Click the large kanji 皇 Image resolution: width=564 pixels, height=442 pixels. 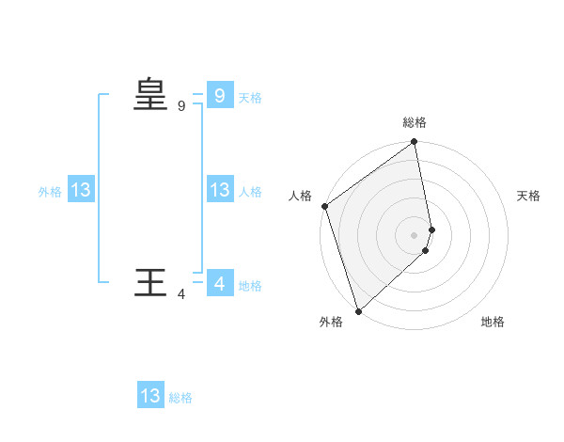(149, 95)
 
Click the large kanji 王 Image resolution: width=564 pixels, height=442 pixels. (149, 283)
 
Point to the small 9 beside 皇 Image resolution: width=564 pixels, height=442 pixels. (181, 106)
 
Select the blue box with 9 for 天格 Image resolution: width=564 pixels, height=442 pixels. (219, 95)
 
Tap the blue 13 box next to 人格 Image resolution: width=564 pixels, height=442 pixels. (219, 190)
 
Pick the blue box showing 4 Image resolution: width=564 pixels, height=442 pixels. (219, 283)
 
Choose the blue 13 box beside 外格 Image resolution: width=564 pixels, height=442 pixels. (80, 190)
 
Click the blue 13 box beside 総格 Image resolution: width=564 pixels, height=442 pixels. (150, 396)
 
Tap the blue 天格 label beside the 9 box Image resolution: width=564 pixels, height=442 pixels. (250, 98)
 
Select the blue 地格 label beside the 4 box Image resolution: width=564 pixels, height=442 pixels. (250, 286)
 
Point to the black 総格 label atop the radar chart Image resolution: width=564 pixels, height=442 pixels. (415, 122)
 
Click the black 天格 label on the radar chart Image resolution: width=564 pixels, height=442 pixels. (528, 196)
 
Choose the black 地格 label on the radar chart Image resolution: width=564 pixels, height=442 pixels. (493, 323)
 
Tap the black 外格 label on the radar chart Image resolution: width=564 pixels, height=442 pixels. (331, 323)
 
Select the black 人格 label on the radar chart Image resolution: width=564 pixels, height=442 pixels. (300, 196)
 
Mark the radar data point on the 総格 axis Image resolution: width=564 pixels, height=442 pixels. (415, 143)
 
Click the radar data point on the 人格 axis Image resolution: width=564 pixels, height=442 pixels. (324, 206)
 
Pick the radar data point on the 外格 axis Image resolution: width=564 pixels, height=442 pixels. (358, 310)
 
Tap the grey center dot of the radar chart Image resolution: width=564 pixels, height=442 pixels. (415, 234)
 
